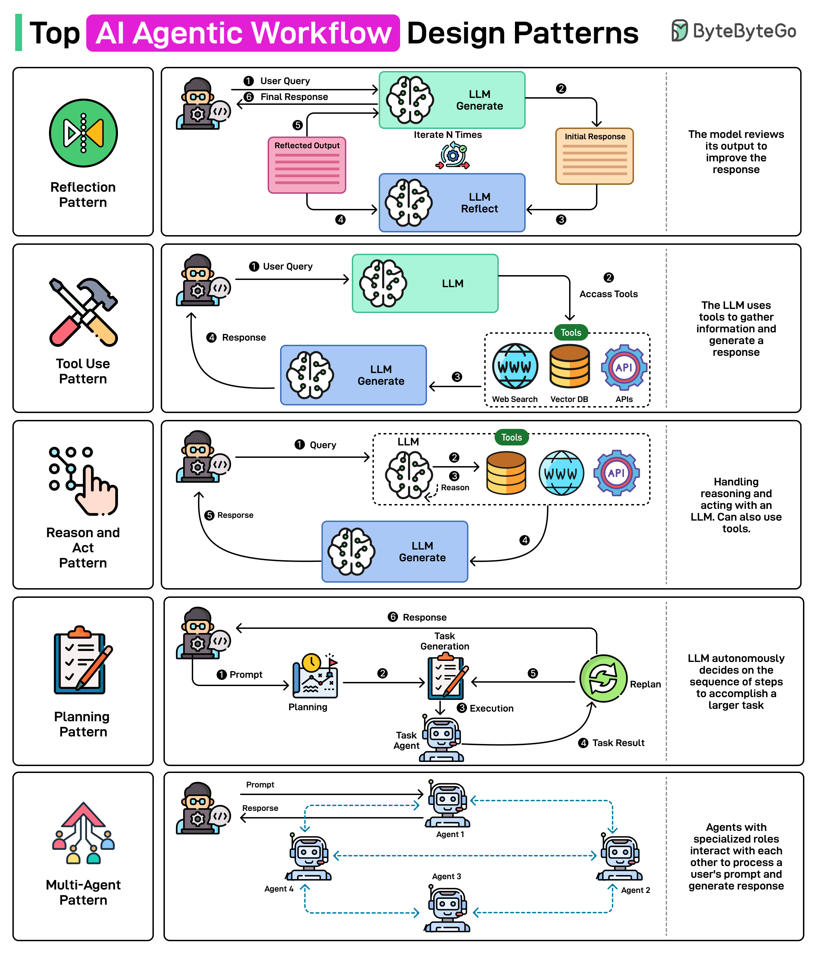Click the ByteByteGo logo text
point(744,31)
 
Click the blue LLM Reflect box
point(451,203)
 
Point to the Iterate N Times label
point(447,134)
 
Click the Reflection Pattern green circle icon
point(83,133)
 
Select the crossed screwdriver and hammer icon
point(83,312)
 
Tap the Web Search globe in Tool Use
point(515,366)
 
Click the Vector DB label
point(569,399)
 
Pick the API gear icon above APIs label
point(624,367)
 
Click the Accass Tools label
point(608,294)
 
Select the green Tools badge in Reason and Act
point(512,438)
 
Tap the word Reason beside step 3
point(455,487)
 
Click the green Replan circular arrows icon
point(603,678)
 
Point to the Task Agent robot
point(441,738)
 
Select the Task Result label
point(618,743)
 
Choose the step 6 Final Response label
point(294,97)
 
